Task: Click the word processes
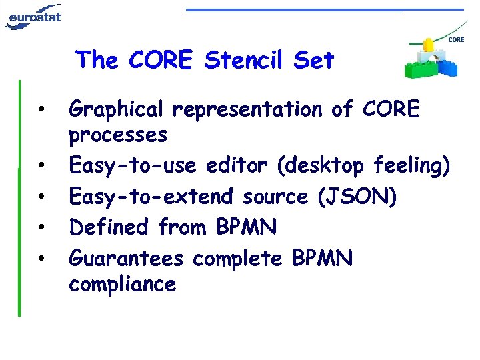118,135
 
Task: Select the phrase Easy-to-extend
152,196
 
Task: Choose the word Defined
110,227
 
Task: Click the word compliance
122,285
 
